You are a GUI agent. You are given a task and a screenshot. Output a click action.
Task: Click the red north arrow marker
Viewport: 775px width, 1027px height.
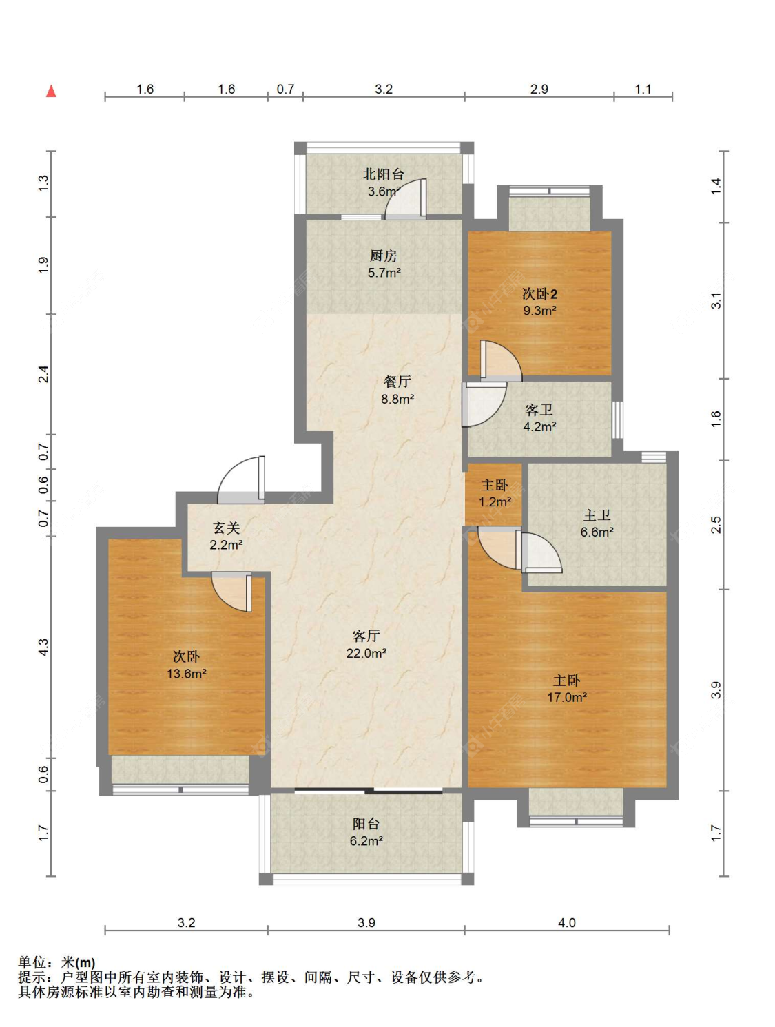coord(51,91)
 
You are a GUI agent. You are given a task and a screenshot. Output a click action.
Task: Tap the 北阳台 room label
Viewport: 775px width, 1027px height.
coord(384,174)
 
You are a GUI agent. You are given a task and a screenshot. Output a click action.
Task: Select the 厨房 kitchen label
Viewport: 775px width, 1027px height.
coord(384,256)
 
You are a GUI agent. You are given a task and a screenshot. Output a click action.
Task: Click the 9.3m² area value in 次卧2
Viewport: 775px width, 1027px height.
coord(539,311)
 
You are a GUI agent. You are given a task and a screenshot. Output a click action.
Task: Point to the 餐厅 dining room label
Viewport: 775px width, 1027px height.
coord(397,382)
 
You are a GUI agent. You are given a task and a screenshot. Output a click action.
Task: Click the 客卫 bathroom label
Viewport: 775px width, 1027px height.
coord(539,411)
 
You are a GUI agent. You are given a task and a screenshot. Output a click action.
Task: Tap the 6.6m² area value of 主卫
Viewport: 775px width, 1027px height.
coord(597,532)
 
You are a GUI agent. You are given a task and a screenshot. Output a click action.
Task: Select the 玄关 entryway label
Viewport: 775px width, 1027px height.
coord(227,528)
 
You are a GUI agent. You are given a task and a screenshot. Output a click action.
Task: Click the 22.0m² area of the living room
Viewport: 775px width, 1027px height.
coord(366,653)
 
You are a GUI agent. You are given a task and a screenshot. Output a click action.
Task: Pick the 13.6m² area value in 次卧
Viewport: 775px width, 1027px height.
coord(187,674)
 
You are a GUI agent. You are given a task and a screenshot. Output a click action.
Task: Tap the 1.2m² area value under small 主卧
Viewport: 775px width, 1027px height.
coord(495,502)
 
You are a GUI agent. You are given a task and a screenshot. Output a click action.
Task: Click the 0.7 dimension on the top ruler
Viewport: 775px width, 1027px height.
coord(285,89)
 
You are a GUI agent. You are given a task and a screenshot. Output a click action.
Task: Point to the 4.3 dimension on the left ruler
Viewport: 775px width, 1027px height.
coord(43,647)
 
